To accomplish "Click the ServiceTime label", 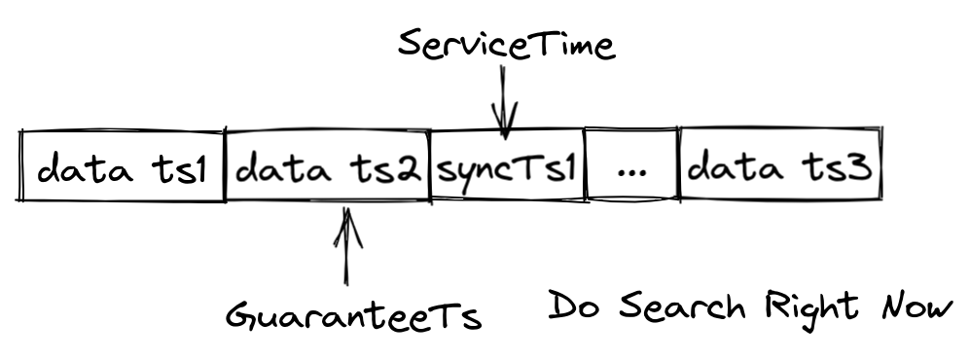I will (506, 44).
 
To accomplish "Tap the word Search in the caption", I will (679, 307).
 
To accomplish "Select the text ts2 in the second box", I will (389, 170).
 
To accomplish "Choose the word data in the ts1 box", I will (84, 170).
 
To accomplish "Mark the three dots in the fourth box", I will (632, 174).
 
